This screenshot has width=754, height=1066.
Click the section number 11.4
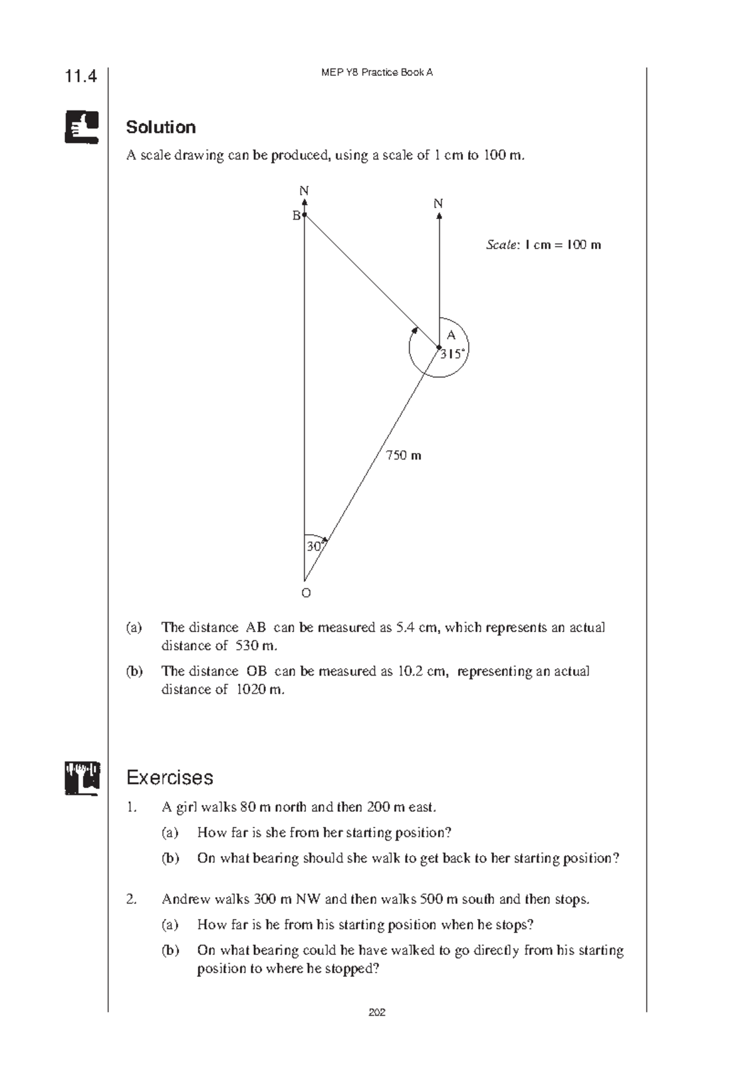tap(81, 77)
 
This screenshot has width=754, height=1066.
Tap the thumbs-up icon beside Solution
tap(82, 127)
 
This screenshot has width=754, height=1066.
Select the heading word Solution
tap(161, 127)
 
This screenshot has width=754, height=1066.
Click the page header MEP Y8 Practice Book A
tap(377, 72)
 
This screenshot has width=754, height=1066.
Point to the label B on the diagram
tap(296, 216)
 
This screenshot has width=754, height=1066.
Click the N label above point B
tap(304, 191)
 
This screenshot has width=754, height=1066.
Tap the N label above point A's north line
tap(439, 203)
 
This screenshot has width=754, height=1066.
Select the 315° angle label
tap(453, 354)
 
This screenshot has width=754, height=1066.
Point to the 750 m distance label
tap(403, 455)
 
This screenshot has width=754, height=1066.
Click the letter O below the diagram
tap(306, 593)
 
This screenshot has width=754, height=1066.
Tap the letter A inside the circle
tap(451, 335)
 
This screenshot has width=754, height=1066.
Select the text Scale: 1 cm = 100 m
tap(544, 245)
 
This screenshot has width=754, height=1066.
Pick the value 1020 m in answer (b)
tap(259, 689)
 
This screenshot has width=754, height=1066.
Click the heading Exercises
tap(170, 778)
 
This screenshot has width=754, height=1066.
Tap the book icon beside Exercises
tap(82, 778)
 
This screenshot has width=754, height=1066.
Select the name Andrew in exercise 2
tap(186, 899)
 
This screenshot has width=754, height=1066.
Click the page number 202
tap(377, 1012)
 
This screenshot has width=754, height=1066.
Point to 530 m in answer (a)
tap(256, 645)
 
